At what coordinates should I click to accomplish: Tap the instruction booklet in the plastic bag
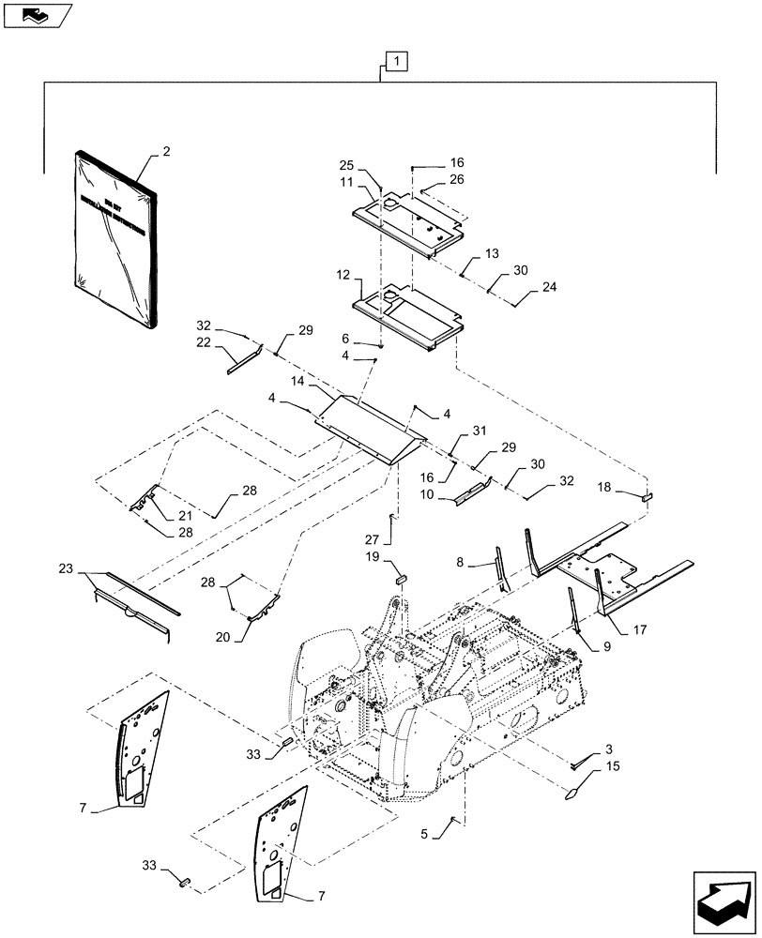pyautogui.click(x=116, y=241)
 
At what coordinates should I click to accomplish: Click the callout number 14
pyautogui.click(x=297, y=382)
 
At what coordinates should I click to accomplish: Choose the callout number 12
pyautogui.click(x=342, y=277)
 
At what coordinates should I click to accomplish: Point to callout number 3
pyautogui.click(x=610, y=748)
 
